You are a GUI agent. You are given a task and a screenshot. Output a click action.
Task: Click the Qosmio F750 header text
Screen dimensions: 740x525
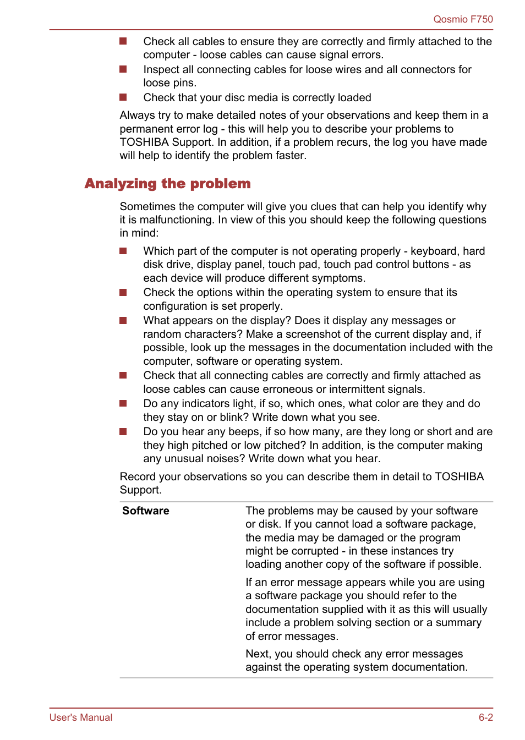[x=463, y=19]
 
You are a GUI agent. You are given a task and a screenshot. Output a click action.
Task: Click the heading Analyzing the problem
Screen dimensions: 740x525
[x=167, y=184]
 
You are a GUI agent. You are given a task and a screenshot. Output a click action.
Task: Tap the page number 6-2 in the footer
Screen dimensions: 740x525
[x=485, y=717]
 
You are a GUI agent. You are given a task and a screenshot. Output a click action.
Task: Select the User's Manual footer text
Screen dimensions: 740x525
[x=81, y=717]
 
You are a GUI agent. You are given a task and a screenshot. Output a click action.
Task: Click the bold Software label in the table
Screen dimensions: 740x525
[x=146, y=511]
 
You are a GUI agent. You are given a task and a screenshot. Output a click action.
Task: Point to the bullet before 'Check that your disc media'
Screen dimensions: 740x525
[x=123, y=97]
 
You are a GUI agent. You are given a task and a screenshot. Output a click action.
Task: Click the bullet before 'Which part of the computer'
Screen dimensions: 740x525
[x=123, y=251]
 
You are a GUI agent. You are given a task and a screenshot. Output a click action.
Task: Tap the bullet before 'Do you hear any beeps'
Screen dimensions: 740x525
[x=123, y=432]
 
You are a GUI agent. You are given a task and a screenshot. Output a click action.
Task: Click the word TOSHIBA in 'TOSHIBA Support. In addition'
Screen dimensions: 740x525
[x=144, y=142]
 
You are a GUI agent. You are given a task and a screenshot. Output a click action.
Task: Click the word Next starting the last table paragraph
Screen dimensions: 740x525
[x=257, y=654]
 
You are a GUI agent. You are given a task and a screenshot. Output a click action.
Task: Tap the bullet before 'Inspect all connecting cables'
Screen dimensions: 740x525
[x=123, y=69]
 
